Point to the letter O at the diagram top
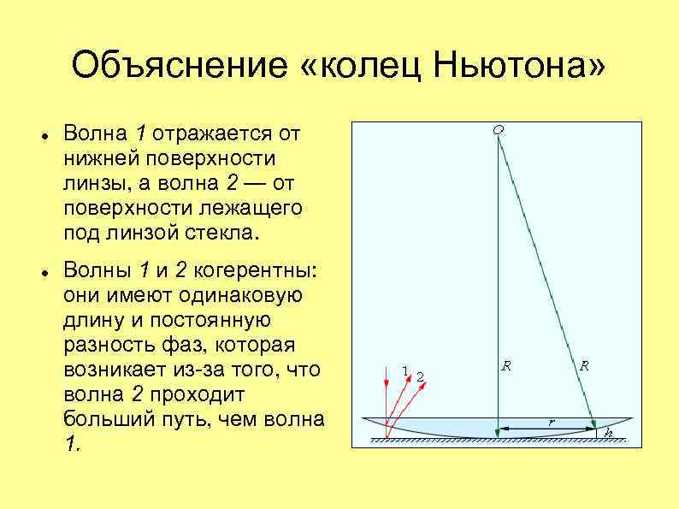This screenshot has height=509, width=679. [498, 129]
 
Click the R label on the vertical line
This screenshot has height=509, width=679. [506, 365]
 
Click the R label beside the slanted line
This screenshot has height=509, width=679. [584, 365]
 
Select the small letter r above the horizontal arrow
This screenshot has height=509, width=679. [551, 420]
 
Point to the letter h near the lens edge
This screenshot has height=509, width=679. [609, 433]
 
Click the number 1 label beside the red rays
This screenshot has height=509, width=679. [404, 370]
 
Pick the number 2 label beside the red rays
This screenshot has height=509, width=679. [420, 376]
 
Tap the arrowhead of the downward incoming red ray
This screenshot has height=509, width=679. [387, 422]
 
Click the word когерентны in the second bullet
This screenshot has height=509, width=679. [256, 271]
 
